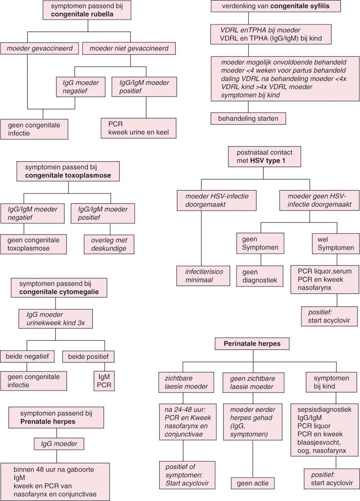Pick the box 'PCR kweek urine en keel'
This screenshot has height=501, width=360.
click(139, 128)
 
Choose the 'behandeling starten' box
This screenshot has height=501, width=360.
click(248, 118)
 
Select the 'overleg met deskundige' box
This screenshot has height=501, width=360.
click(111, 244)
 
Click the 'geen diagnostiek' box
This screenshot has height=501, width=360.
click(259, 276)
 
